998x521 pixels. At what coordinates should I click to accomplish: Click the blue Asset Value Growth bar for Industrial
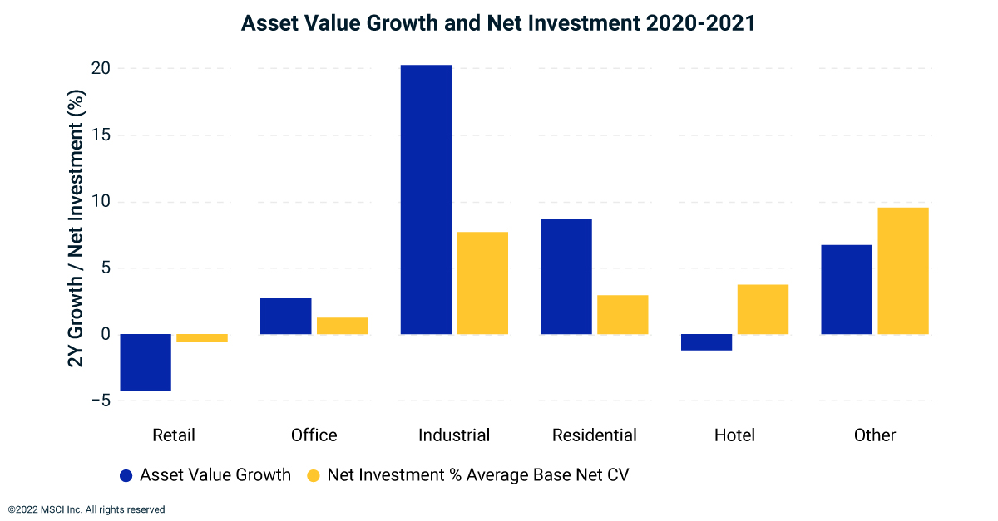[426, 199]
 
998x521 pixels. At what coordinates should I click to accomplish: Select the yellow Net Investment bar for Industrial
[482, 283]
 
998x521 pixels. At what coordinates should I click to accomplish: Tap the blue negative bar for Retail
[146, 362]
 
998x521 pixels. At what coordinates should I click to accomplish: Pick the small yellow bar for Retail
[202, 338]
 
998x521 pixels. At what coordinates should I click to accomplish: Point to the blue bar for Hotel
[706, 342]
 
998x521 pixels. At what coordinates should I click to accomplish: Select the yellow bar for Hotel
[763, 309]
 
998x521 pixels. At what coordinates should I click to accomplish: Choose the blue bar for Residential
[566, 277]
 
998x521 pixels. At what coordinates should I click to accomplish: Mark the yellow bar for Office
[342, 326]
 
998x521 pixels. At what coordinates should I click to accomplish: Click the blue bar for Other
[847, 289]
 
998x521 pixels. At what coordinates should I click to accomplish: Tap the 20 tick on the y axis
[101, 69]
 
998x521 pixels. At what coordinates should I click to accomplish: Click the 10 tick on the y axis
[101, 202]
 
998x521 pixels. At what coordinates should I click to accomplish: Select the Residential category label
[594, 435]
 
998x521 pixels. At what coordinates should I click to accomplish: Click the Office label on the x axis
[314, 435]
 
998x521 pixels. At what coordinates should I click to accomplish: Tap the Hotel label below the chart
[734, 435]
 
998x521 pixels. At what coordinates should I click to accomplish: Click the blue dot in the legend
[126, 475]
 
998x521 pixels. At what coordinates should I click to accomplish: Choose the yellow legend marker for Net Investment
[313, 475]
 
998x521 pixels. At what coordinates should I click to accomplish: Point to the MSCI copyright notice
[86, 509]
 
